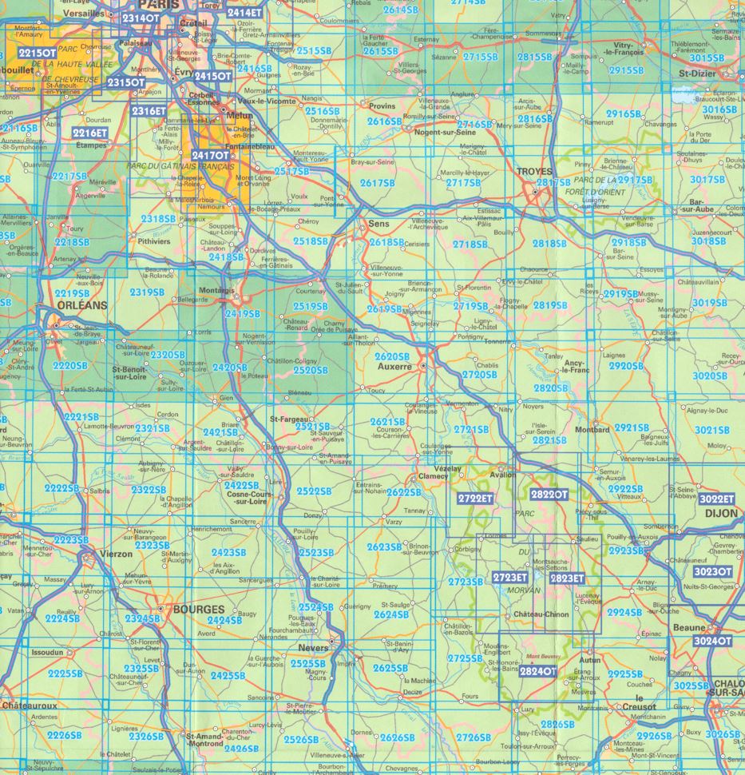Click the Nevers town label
click(x=313, y=647)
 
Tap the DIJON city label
click(x=719, y=515)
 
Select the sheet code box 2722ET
click(x=477, y=498)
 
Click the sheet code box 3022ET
click(x=716, y=499)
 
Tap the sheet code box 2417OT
click(x=210, y=155)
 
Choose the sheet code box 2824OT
click(x=537, y=671)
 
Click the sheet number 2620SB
click(x=391, y=355)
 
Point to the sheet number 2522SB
click(x=312, y=490)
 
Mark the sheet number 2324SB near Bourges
click(x=142, y=618)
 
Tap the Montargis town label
click(x=216, y=289)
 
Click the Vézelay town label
click(x=448, y=469)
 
